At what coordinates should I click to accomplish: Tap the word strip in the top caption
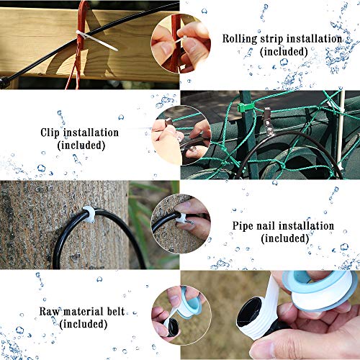tap(276, 39)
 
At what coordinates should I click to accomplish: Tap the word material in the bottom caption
tap(86, 312)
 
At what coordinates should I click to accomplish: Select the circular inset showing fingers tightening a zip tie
tap(181, 44)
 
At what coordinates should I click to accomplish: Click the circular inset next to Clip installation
tap(181, 134)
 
